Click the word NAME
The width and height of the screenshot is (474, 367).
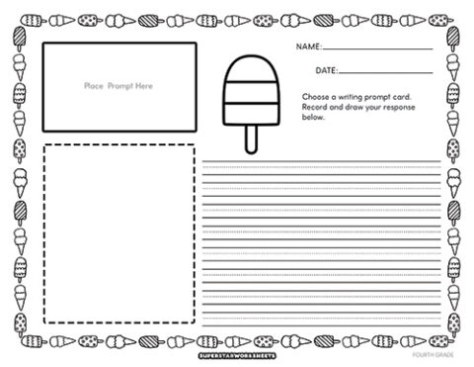click(x=308, y=46)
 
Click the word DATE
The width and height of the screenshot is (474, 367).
click(x=327, y=71)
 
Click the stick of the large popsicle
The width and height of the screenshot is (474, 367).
click(x=249, y=138)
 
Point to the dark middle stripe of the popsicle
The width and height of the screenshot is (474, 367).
click(x=249, y=96)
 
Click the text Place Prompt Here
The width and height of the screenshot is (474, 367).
click(x=118, y=87)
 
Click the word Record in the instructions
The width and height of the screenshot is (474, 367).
click(x=316, y=106)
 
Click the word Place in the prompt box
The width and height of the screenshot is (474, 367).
click(x=94, y=87)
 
